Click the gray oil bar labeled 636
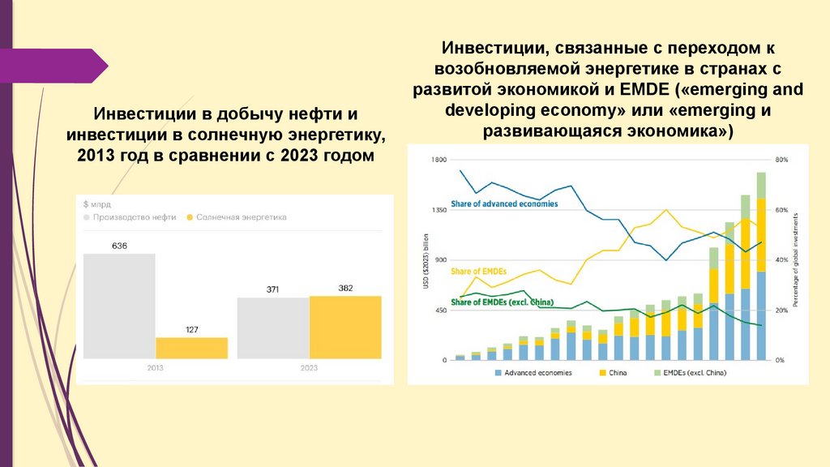point(119,306)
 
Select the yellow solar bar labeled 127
point(191,348)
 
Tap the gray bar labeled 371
point(273,328)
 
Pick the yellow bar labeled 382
point(345,327)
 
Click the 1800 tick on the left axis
point(439,160)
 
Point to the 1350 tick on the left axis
point(439,210)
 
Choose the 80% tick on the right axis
point(781,160)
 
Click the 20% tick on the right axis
point(781,311)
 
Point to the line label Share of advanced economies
point(504,204)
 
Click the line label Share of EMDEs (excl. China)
point(502,302)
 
